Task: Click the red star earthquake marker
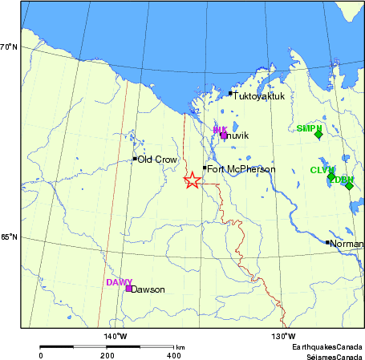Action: click(x=192, y=180)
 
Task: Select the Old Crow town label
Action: click(x=156, y=160)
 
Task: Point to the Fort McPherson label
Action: click(x=241, y=169)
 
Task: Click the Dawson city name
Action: click(x=148, y=289)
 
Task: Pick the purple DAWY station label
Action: click(x=119, y=282)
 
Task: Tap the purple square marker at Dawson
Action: click(x=128, y=289)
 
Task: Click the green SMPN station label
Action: click(x=309, y=128)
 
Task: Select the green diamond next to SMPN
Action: click(x=318, y=135)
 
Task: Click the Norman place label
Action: click(x=347, y=243)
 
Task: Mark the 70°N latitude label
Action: click(x=10, y=47)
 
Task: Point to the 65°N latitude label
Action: click(x=10, y=237)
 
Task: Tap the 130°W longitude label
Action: click(x=283, y=335)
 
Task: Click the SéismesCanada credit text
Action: click(x=330, y=355)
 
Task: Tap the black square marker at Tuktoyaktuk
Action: click(x=230, y=94)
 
